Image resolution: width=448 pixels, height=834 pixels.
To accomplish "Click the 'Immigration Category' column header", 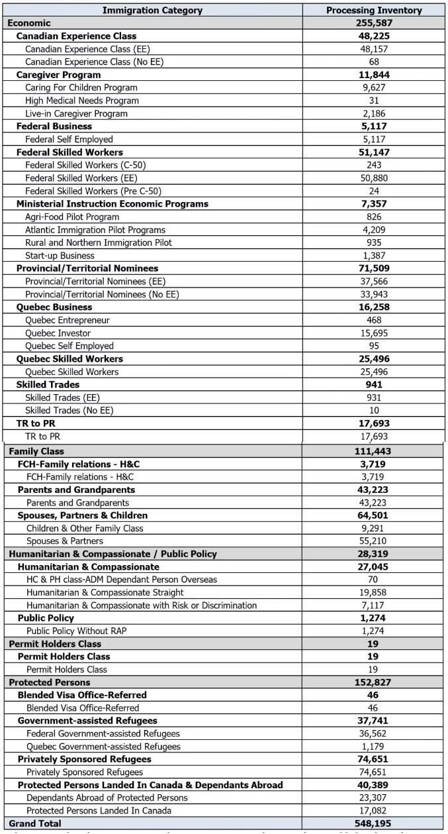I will pos(153,11).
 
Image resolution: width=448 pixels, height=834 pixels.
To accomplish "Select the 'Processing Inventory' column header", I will pos(374,11).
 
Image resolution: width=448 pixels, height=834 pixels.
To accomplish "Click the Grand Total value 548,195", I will pos(374,823).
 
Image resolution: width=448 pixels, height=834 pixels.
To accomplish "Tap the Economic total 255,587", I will pos(374,23).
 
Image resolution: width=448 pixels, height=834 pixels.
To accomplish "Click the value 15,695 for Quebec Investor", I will pos(374,333).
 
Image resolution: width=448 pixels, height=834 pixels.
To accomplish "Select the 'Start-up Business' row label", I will pos(60,256).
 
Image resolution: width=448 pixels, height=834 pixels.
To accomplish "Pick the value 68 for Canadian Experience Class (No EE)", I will pos(374,62).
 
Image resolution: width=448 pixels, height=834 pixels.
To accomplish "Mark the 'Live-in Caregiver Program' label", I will pos(76,113).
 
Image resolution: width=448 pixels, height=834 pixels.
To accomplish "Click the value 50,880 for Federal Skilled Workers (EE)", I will pos(374,178).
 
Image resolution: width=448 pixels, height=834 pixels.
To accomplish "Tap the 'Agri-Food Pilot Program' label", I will pos(72,217).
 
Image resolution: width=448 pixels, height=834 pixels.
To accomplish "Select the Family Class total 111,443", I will pos(374,451).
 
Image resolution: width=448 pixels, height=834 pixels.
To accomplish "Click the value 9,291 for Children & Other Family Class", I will pos(374,529).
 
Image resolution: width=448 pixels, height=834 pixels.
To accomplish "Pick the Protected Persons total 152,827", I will pos(374,682).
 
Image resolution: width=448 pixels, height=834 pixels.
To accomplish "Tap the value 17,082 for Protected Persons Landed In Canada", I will pos(374,811).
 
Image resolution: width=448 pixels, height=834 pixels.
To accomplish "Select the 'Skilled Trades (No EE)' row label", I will pos(69,411).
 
